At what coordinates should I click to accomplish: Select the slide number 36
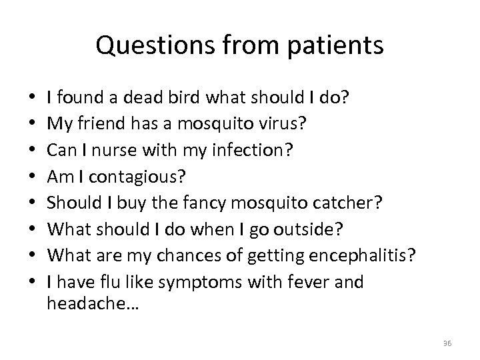[447, 343]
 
